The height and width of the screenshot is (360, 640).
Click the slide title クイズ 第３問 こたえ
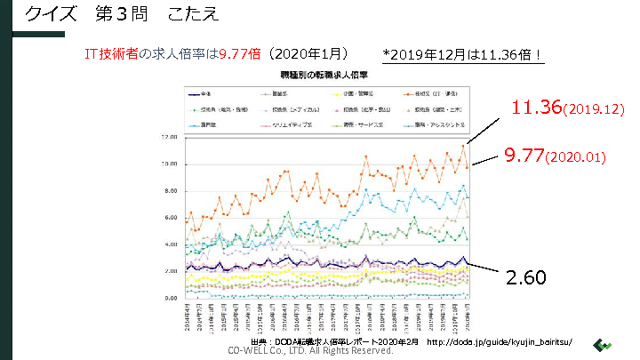point(120,15)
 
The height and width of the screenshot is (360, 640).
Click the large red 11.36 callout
point(538,108)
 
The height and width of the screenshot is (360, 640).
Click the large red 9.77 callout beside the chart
point(524,156)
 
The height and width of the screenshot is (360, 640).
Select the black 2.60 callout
point(526,277)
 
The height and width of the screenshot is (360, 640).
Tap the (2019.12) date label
point(595,110)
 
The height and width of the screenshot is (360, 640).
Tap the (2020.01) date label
point(576,157)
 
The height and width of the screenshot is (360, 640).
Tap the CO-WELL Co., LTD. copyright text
point(310,350)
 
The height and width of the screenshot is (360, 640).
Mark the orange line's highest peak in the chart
point(463,145)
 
